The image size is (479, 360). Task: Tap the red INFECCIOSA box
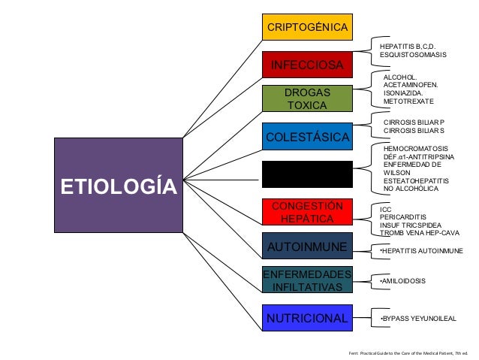[x=306, y=64]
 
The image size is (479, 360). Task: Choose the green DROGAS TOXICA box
[x=306, y=99]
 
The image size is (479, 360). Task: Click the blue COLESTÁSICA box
[x=306, y=137]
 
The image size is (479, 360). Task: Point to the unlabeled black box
[x=306, y=174]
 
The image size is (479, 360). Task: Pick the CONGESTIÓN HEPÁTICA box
[x=306, y=213]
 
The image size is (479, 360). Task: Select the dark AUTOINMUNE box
[x=306, y=247]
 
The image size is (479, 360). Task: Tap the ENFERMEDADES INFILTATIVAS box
[x=306, y=280]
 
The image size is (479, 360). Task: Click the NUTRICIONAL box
[x=306, y=318]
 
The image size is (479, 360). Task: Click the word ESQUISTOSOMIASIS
[x=413, y=55]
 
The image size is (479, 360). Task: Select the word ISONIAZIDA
[x=405, y=92]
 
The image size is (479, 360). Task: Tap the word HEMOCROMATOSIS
[x=415, y=149]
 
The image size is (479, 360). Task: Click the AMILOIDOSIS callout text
[x=404, y=281]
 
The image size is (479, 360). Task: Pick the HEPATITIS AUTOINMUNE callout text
[x=421, y=250]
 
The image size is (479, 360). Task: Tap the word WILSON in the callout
[x=398, y=172]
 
